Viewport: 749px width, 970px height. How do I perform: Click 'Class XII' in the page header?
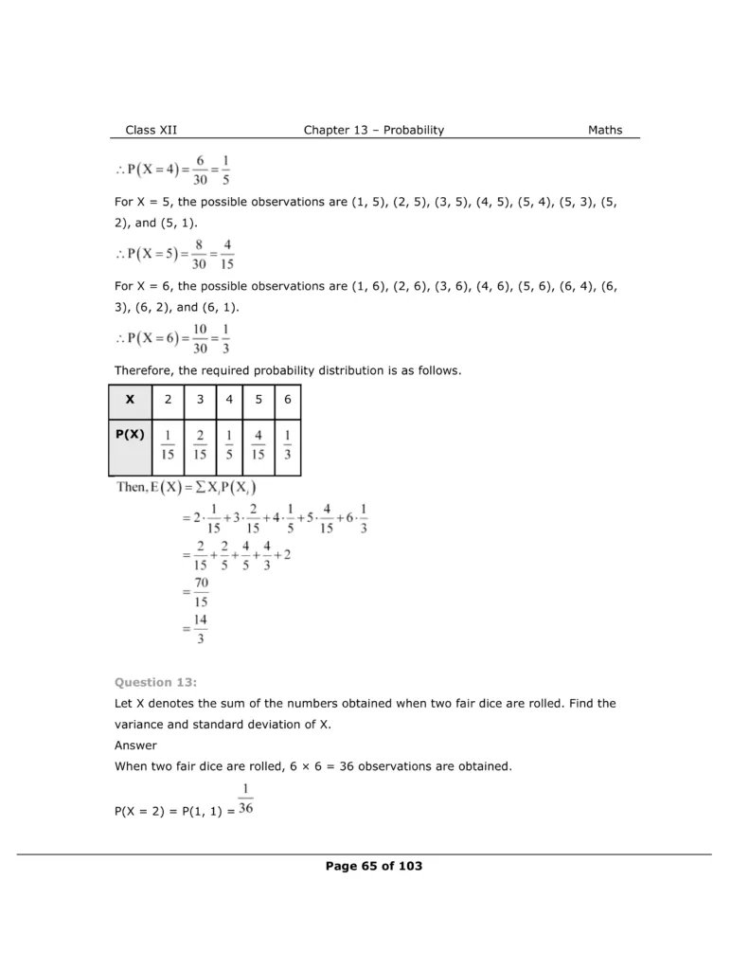coord(151,131)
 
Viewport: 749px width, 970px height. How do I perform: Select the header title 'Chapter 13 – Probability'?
coord(373,131)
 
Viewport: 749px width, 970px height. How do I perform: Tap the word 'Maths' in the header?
coord(605,131)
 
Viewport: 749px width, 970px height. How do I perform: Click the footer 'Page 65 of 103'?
coord(373,866)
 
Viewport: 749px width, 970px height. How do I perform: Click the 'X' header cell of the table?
coord(130,400)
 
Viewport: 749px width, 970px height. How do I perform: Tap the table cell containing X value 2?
coord(168,400)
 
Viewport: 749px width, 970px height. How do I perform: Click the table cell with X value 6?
coord(287,400)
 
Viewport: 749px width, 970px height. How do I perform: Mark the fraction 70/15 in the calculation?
coord(201,592)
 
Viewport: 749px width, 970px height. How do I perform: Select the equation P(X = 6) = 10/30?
coord(175,337)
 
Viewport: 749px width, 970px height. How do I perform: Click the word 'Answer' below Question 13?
coord(134,745)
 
